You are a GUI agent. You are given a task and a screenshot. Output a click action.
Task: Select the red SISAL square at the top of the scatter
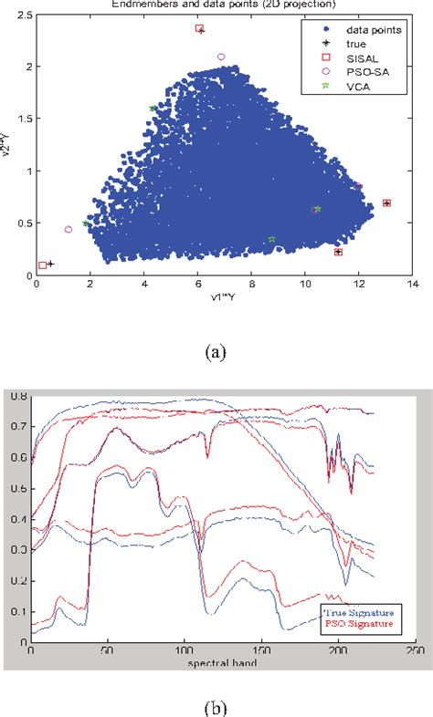(199, 29)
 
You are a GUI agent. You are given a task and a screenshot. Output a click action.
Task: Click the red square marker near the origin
(42, 265)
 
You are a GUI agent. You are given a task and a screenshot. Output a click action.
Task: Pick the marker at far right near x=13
(386, 203)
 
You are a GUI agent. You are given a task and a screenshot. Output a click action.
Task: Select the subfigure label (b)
(216, 707)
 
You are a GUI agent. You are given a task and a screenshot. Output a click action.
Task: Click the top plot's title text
(216, 5)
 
